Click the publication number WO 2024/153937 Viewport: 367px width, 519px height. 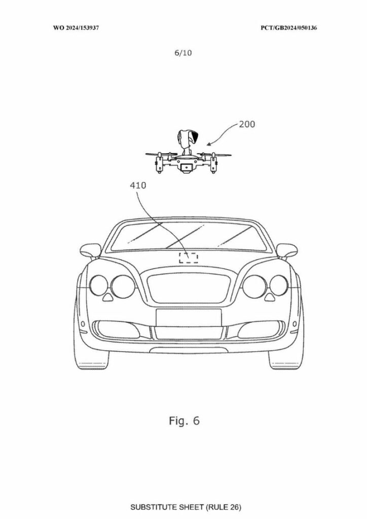coord(76,28)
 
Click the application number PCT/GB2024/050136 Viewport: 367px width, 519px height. coord(288,28)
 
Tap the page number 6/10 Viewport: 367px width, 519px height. coord(183,53)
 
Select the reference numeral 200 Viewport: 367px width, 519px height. coord(247,125)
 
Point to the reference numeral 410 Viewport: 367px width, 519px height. coord(138,186)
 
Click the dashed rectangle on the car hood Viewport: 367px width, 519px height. coord(189,257)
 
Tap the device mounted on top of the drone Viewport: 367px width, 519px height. coord(188,141)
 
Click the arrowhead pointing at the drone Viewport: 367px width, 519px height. coord(208,144)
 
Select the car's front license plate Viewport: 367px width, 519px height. coord(189,317)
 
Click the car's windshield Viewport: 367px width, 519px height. coord(189,236)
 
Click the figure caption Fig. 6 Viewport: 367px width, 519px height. coord(185,421)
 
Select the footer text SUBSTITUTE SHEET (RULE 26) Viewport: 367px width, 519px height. coord(186,507)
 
